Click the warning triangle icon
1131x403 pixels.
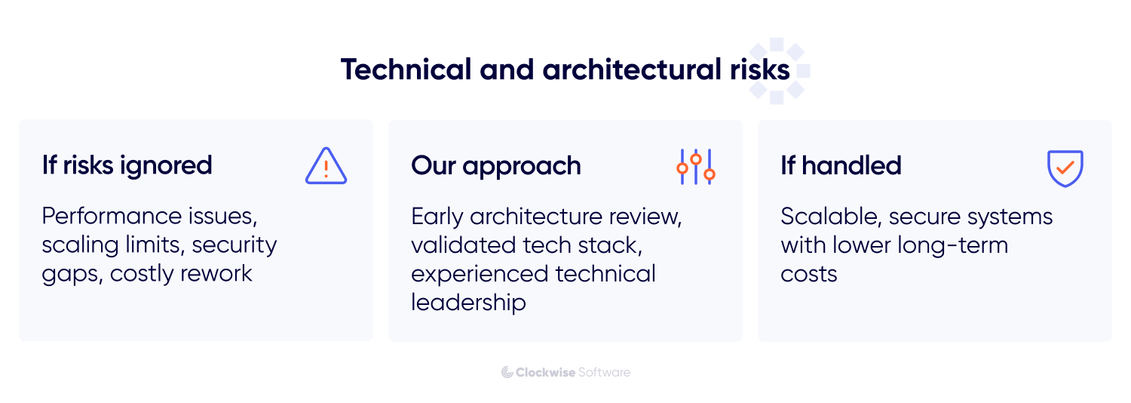326,166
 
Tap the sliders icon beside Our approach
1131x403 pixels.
695,167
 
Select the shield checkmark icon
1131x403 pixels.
1065,168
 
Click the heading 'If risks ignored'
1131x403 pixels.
127,165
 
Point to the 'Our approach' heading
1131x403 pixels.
495,166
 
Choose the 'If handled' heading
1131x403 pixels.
841,165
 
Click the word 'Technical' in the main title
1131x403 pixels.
406,69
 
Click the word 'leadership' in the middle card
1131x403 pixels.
468,302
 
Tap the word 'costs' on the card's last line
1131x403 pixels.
808,273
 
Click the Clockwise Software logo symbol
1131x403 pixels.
507,372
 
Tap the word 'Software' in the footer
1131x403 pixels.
604,372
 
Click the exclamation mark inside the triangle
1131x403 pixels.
326,168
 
